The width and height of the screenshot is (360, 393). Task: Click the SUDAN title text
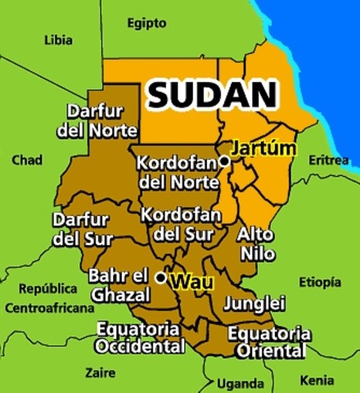pos(212,95)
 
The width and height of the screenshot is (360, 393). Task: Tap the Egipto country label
pos(147,23)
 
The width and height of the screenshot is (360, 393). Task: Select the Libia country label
pos(57,39)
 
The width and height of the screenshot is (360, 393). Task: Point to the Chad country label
pos(27,160)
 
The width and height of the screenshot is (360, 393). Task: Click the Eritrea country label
pos(329,160)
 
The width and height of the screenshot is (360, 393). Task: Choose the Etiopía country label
pos(320,282)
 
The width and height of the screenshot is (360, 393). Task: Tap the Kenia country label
pos(317,381)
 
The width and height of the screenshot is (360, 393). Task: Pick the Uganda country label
pos(241,383)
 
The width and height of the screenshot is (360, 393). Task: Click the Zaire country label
pos(101,372)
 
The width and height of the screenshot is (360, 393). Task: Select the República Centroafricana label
pos(49,299)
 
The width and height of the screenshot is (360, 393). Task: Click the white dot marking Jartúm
pos(224,161)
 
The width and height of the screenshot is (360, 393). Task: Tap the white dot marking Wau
pos(161,278)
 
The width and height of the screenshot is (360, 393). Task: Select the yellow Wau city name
pos(190,282)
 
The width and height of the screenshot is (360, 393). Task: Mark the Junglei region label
pos(254,303)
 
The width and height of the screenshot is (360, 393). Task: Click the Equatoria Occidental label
pos(139,337)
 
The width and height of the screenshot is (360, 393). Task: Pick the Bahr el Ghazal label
pos(119,285)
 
